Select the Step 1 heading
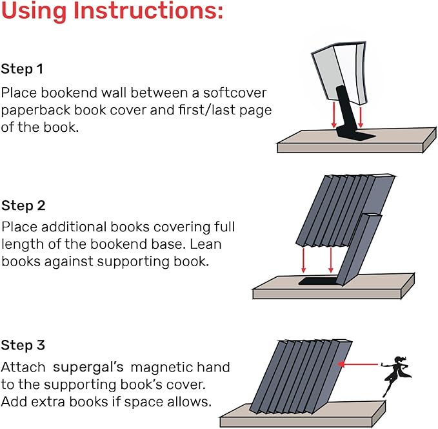(x=23, y=68)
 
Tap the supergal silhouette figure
(x=394, y=375)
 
